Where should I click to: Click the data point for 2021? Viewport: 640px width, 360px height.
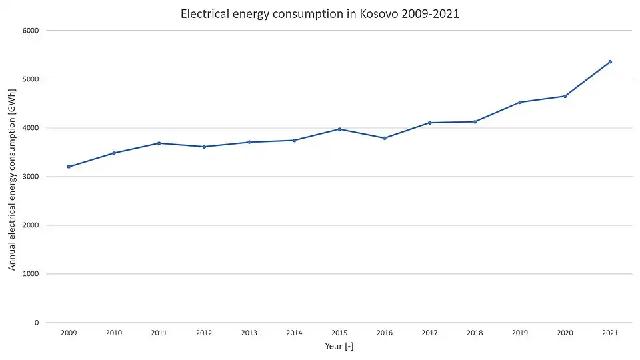pyautogui.click(x=610, y=62)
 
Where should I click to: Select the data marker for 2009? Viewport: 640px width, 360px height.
pyautogui.click(x=69, y=167)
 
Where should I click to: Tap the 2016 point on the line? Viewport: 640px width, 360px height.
pyautogui.click(x=385, y=138)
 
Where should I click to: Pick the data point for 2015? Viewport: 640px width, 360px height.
pyautogui.click(x=339, y=129)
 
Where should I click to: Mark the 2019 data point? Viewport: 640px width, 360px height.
pyautogui.click(x=520, y=102)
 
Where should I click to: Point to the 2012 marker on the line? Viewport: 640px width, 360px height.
pyautogui.click(x=204, y=147)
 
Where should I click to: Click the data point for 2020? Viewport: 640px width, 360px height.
pyautogui.click(x=565, y=96)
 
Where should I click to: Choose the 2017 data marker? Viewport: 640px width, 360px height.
pyautogui.click(x=430, y=123)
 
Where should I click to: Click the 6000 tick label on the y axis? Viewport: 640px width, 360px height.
pyautogui.click(x=31, y=31)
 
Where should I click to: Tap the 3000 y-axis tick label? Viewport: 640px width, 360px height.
pyautogui.click(x=31, y=177)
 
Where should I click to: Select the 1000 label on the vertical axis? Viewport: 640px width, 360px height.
pyautogui.click(x=31, y=274)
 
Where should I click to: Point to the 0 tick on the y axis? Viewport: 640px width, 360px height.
pyautogui.click(x=37, y=323)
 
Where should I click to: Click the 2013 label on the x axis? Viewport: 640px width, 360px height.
pyautogui.click(x=249, y=333)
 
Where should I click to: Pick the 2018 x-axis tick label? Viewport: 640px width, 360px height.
pyautogui.click(x=475, y=333)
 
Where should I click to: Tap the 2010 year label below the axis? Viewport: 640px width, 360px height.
pyautogui.click(x=113, y=333)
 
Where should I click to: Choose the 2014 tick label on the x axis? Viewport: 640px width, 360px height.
pyautogui.click(x=294, y=333)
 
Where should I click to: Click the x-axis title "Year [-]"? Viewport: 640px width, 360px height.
pyautogui.click(x=339, y=346)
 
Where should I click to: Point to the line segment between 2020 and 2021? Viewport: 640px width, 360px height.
pyautogui.click(x=588, y=79)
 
